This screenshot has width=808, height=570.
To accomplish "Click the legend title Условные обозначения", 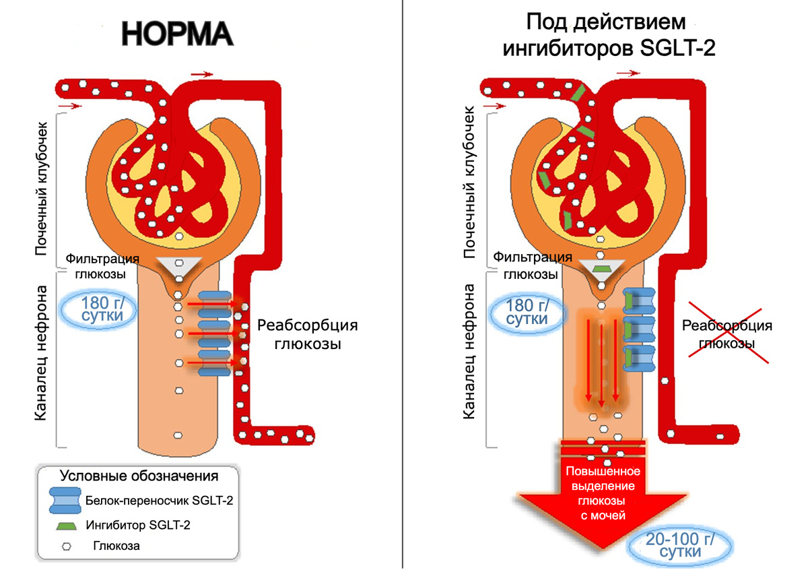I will (139, 476).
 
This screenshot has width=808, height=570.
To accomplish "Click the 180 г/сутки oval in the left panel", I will (97, 309).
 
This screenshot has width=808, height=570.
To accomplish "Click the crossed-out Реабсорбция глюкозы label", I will (727, 334).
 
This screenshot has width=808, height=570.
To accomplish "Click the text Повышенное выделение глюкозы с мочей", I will (600, 493).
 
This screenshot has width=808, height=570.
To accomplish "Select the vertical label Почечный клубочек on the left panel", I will (41, 188).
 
